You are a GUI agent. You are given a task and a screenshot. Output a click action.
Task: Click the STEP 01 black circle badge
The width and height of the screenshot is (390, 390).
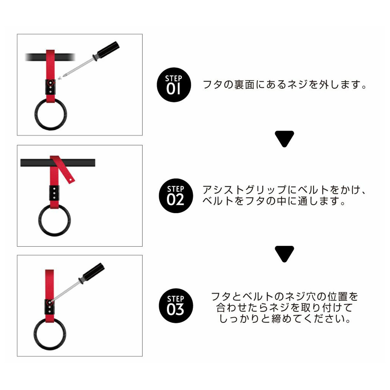tap(174, 85)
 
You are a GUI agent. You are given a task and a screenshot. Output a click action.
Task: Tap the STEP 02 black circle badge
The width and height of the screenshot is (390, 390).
tap(176, 196)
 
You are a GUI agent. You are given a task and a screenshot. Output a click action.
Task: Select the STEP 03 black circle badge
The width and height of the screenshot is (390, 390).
tap(176, 305)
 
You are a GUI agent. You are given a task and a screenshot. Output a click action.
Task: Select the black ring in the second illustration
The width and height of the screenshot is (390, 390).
tap(40, 220)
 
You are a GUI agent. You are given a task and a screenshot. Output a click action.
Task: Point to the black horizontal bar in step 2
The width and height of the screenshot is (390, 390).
tap(58, 163)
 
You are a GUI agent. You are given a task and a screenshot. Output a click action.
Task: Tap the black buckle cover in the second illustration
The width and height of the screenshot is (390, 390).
tap(54, 193)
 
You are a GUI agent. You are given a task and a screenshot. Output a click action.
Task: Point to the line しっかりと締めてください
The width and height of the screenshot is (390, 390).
tap(285, 318)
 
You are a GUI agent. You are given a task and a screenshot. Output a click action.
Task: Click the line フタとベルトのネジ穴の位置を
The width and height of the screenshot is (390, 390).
tap(284, 296)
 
